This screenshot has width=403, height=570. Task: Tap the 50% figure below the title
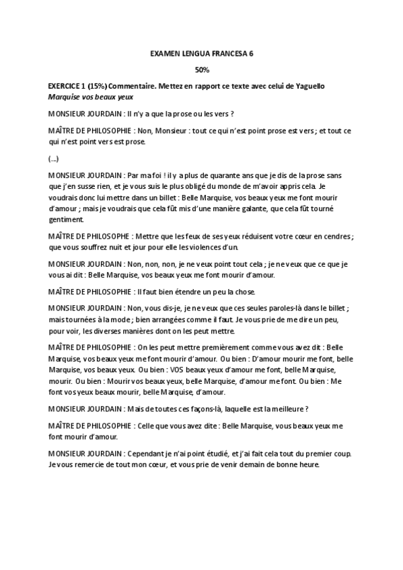pos(202,69)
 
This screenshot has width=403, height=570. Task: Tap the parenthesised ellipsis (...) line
pos(54,159)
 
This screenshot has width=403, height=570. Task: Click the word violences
pos(193,247)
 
